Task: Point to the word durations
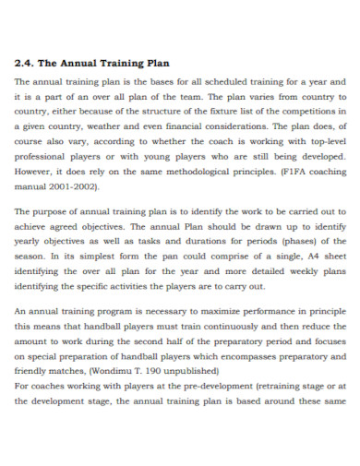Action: pyautogui.click(x=213, y=242)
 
